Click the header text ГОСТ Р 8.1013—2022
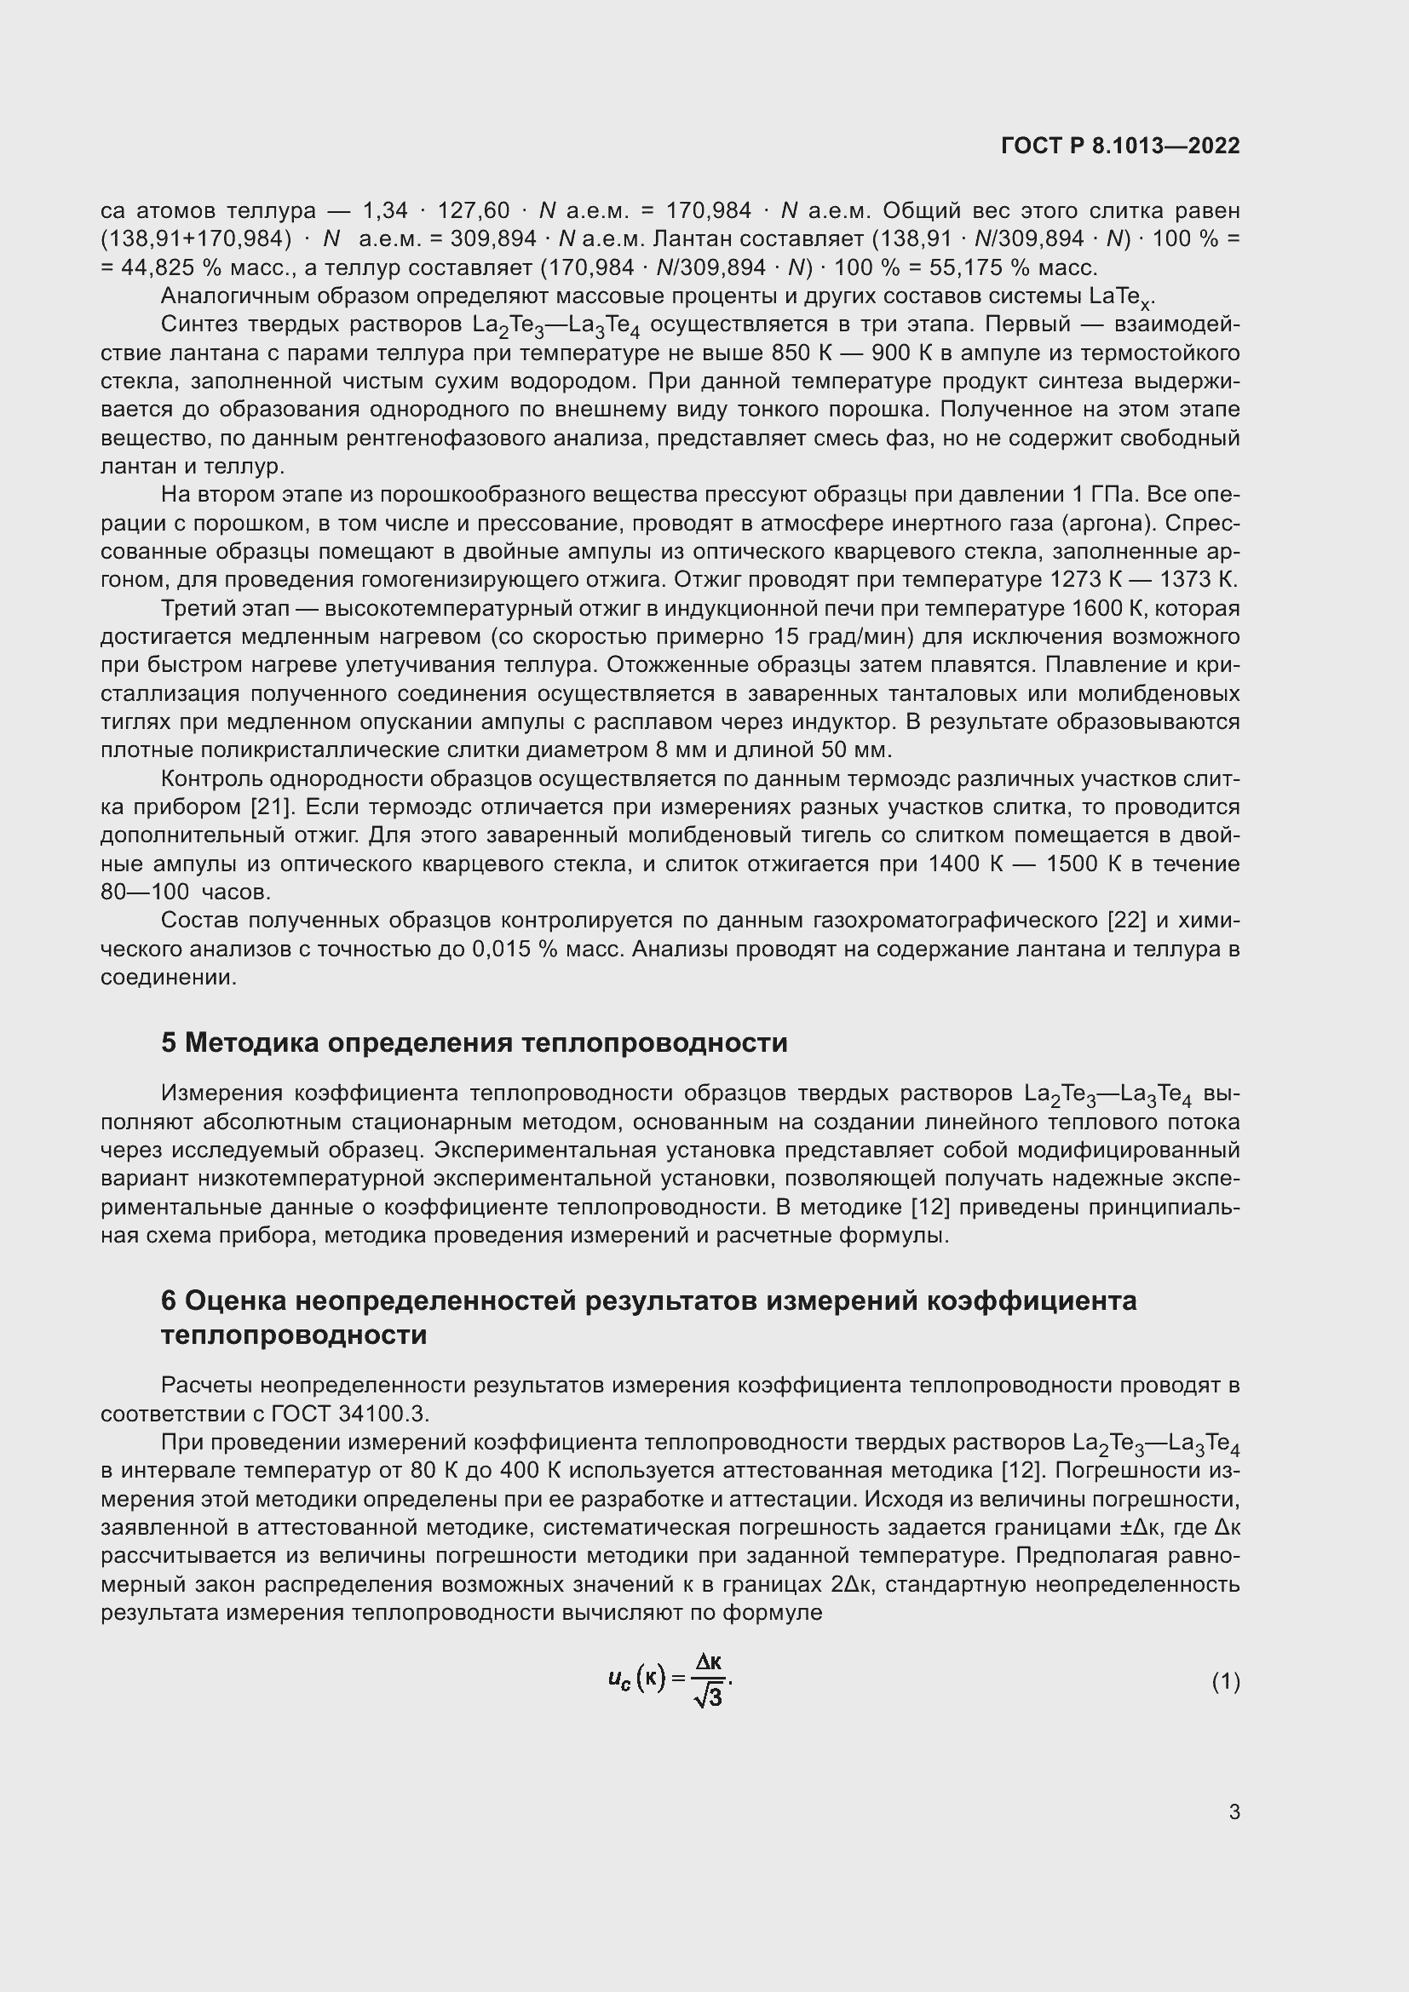click(1120, 146)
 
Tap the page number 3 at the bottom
click(1234, 1811)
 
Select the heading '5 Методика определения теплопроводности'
click(474, 1042)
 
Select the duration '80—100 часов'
click(186, 892)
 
